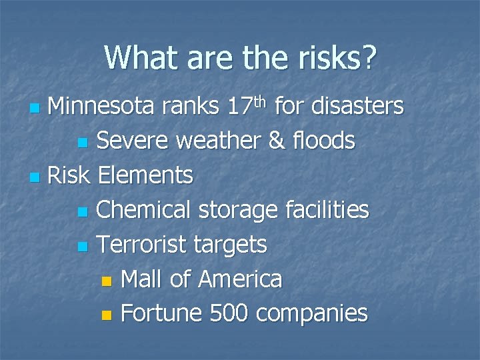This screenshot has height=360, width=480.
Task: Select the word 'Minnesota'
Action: (101, 105)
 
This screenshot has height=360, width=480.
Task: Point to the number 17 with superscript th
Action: (247, 105)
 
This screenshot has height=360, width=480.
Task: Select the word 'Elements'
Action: (145, 175)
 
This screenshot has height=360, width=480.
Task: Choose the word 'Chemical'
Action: (139, 210)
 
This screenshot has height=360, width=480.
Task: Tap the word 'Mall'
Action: (143, 279)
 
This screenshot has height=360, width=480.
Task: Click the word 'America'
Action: (239, 279)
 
